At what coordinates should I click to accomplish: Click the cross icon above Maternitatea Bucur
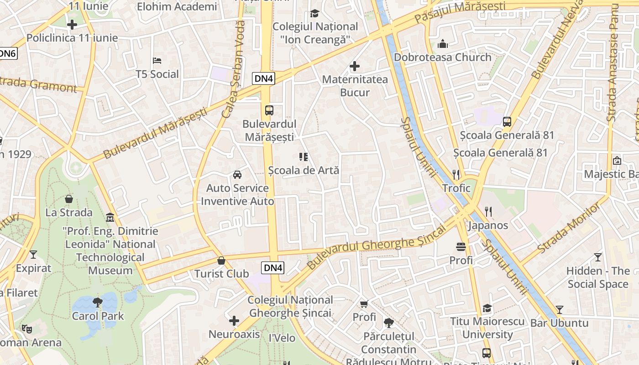pos(355,67)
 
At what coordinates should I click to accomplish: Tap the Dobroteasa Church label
pos(442,57)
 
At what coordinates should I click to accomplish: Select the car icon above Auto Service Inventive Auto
pos(237,175)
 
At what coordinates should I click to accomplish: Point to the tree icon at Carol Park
pos(98,302)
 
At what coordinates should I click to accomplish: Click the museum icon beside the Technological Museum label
pos(110,217)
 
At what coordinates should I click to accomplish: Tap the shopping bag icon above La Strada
pos(69,199)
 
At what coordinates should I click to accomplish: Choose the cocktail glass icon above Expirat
pos(33,255)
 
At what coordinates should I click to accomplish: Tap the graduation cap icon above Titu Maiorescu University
pos(487,308)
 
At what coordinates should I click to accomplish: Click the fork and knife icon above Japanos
pos(488,211)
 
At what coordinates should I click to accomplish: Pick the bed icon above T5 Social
pos(157,61)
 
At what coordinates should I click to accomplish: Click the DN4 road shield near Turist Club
pos(273,268)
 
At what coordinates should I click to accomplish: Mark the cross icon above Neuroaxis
pos(234,321)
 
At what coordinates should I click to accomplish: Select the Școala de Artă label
pos(304,170)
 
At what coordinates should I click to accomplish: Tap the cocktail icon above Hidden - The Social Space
pos(597,257)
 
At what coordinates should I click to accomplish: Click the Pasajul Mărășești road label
pos(460,13)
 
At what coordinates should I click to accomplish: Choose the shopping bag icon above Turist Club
pos(221,261)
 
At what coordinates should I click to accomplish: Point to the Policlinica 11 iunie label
pos(72,38)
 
